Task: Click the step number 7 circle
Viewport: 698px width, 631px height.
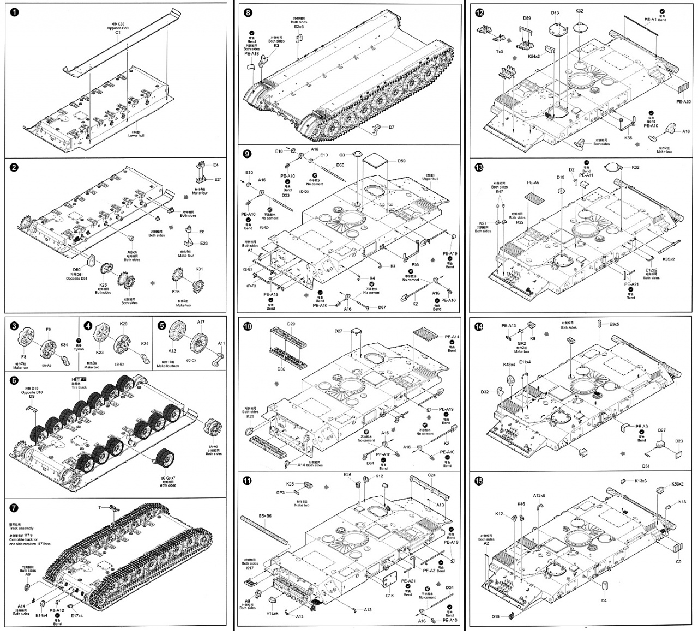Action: point(15,507)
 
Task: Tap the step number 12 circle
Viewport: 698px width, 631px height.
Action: point(479,14)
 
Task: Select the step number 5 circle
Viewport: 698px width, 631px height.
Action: point(161,325)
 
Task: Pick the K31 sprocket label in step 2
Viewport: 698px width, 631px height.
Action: point(199,269)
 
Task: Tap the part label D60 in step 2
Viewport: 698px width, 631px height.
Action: point(76,269)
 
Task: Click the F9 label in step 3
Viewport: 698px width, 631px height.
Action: point(48,329)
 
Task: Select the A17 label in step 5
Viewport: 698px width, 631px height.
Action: point(201,322)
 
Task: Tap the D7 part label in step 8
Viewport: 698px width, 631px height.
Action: point(392,128)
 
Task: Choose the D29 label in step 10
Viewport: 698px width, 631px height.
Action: point(291,324)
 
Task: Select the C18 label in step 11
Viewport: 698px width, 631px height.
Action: point(389,596)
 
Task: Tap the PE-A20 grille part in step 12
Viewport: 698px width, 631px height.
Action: point(683,87)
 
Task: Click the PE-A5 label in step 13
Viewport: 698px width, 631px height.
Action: point(533,183)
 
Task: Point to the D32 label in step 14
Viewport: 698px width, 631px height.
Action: point(485,392)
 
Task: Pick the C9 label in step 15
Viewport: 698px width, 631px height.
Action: point(678,561)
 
